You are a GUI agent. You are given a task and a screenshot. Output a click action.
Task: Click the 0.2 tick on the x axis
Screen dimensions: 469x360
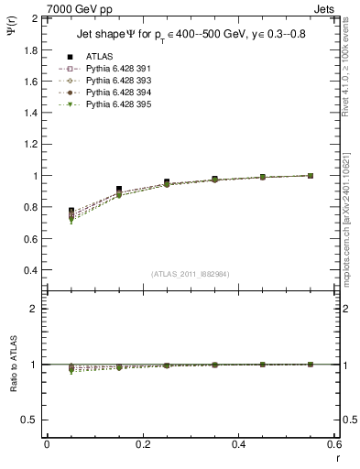point(143,444)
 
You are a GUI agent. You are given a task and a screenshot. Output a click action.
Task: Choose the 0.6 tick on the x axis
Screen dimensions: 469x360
point(335,444)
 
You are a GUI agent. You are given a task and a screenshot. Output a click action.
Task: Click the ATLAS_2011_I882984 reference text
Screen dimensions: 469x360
point(191,274)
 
